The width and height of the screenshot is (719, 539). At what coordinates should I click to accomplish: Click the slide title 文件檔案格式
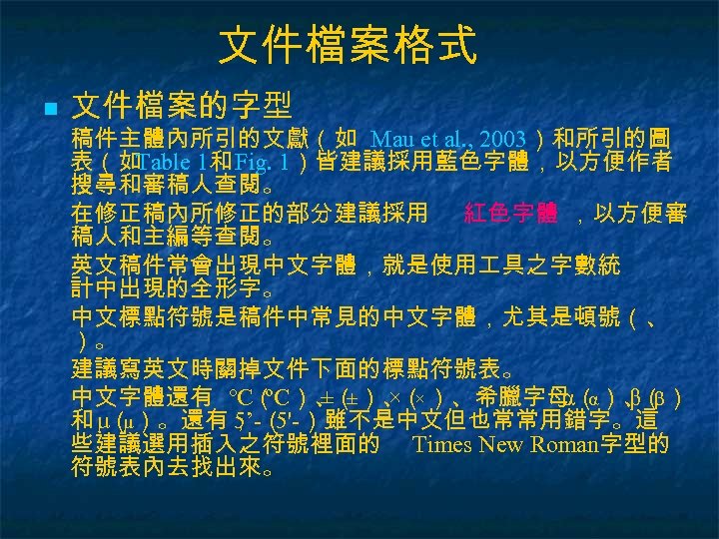[347, 46]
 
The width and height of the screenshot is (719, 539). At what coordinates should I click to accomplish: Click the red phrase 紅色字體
[510, 213]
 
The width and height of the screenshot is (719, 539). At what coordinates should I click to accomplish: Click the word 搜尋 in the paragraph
[94, 186]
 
